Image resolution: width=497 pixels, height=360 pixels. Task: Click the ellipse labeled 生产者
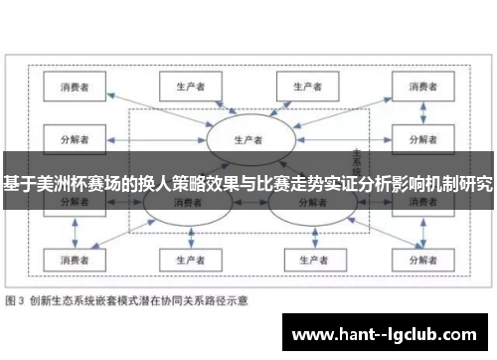coord(248,139)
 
